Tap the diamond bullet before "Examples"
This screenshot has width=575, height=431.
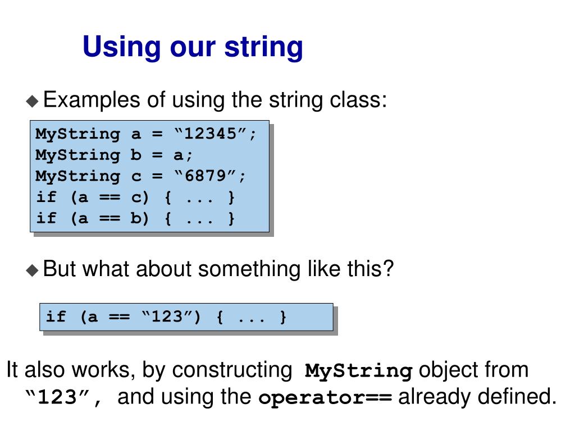pyautogui.click(x=33, y=101)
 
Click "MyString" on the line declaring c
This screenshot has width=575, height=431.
pyautogui.click(x=77, y=176)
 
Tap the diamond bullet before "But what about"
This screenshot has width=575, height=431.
pyautogui.click(x=33, y=270)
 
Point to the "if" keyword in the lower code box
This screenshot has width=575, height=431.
pyautogui.click(x=56, y=317)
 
